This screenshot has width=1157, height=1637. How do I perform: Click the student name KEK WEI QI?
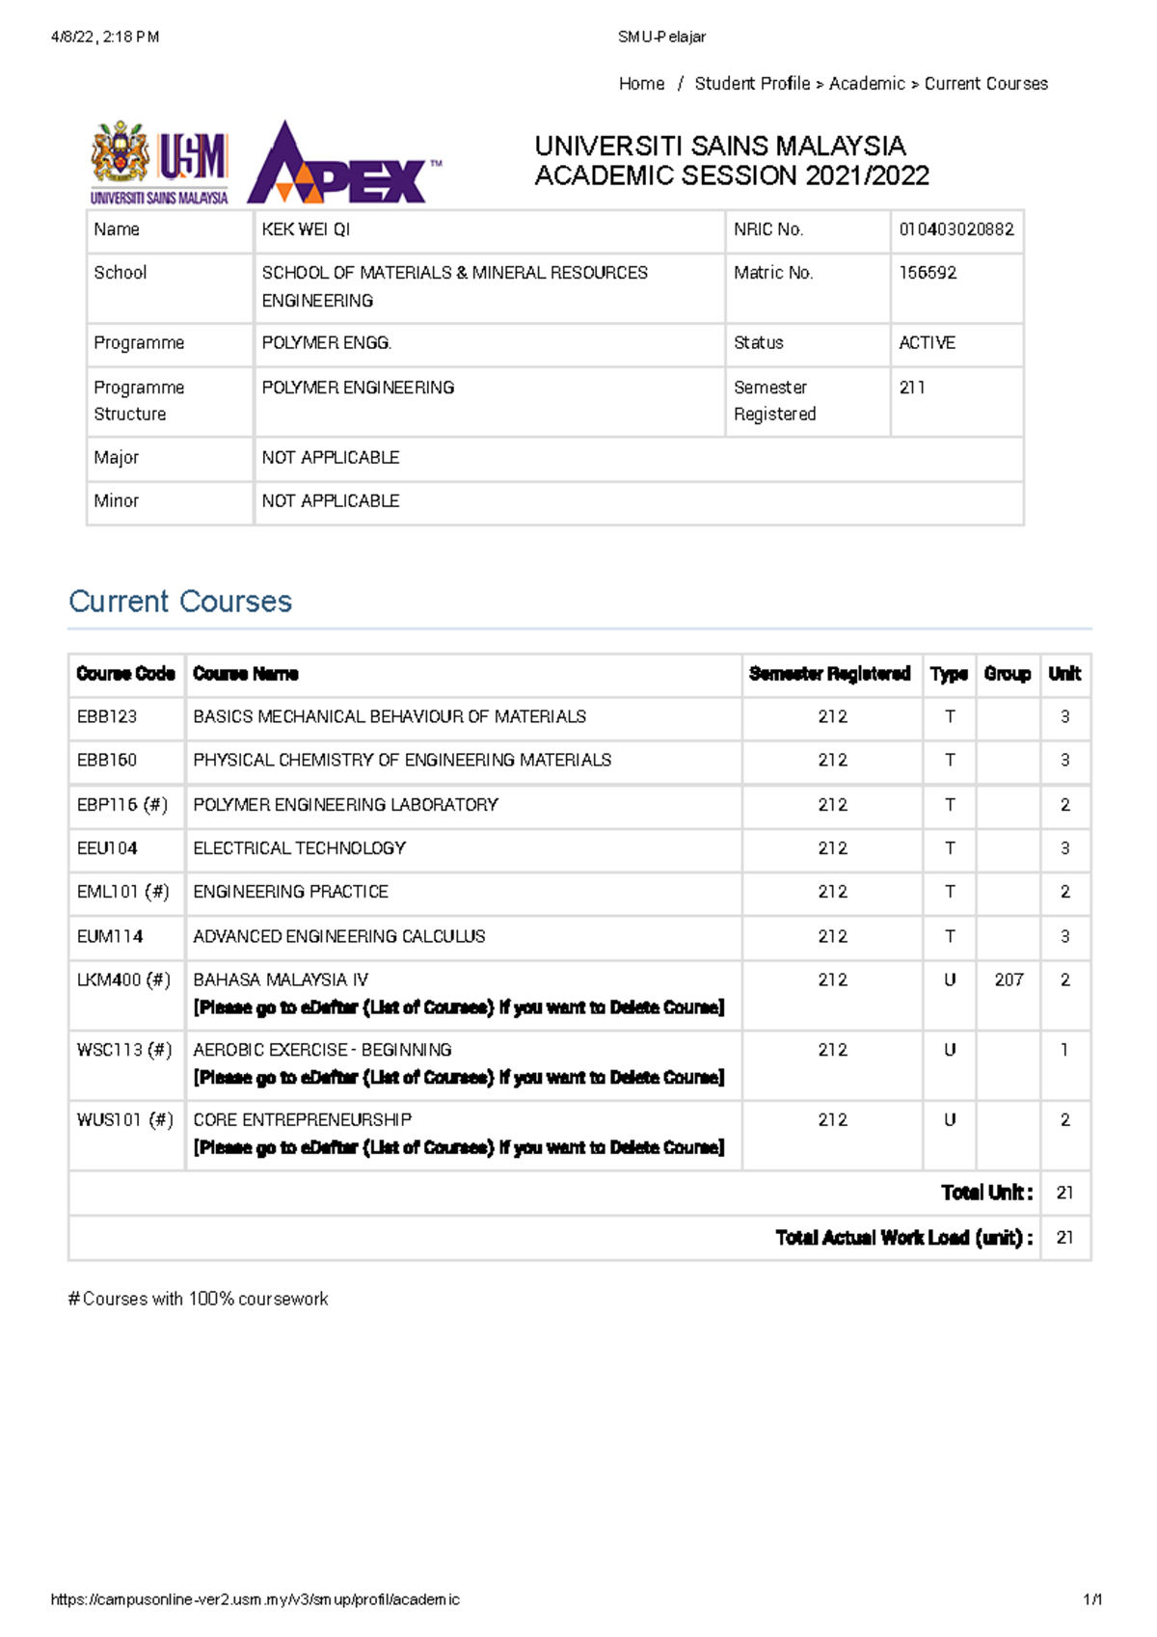pyautogui.click(x=306, y=229)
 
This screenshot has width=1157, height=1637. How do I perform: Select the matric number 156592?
pyautogui.click(x=928, y=273)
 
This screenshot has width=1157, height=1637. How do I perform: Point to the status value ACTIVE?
pyautogui.click(x=927, y=342)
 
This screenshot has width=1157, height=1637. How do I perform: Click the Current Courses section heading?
pyautogui.click(x=180, y=602)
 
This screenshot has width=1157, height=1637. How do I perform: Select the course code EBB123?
pyautogui.click(x=107, y=716)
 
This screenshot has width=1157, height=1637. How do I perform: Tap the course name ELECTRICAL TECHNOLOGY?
pyautogui.click(x=299, y=847)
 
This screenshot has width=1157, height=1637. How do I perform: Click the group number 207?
pyautogui.click(x=1009, y=980)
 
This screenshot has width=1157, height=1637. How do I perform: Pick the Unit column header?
pyautogui.click(x=1064, y=674)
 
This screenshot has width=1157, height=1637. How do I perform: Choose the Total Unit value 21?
pyautogui.click(x=1064, y=1193)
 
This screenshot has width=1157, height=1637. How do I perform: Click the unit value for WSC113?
pyautogui.click(x=1064, y=1050)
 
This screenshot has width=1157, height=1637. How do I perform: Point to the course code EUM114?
pyautogui.click(x=110, y=936)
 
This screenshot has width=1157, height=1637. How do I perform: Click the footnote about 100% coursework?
pyautogui.click(x=199, y=1299)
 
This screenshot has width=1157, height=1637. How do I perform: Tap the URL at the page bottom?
pyautogui.click(x=256, y=1599)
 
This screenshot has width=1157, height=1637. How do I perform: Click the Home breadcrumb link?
pyautogui.click(x=641, y=84)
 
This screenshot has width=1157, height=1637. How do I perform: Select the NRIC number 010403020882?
pyautogui.click(x=955, y=229)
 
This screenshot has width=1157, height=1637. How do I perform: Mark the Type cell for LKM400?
pyautogui.click(x=950, y=980)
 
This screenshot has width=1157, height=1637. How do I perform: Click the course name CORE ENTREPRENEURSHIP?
pyautogui.click(x=302, y=1119)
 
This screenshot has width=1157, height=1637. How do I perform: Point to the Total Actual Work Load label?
pyautogui.click(x=903, y=1237)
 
